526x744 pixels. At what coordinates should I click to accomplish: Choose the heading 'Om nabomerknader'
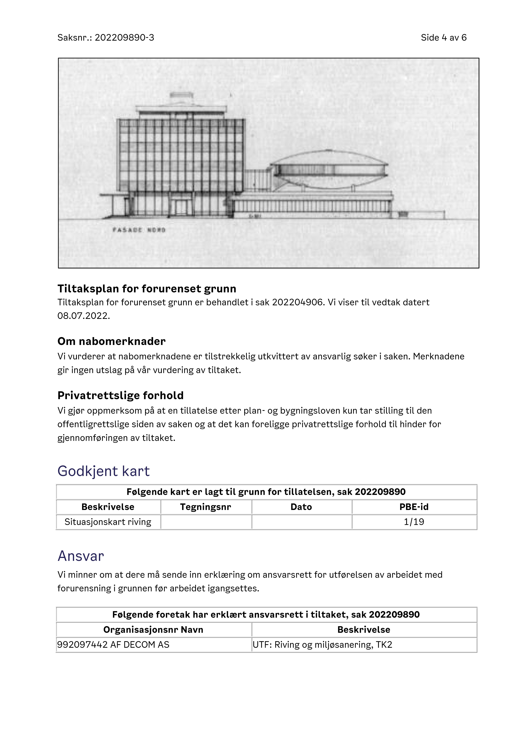(x=111, y=341)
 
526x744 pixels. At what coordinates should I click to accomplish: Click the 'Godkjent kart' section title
(x=104, y=471)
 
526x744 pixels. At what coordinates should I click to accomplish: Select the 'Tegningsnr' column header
(x=206, y=507)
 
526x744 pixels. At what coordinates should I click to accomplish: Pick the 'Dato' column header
(x=301, y=507)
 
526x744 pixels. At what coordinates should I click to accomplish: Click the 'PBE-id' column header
(x=414, y=507)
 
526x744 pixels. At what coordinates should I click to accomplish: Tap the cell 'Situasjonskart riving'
(x=108, y=522)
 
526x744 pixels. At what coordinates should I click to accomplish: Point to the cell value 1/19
(x=414, y=522)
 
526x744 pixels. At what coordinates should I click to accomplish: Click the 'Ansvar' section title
(x=81, y=556)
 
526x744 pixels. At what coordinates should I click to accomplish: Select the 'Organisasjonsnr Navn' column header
(x=153, y=630)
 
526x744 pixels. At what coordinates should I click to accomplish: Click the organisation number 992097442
(x=82, y=645)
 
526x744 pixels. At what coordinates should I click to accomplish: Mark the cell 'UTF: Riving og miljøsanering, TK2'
(x=322, y=645)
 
